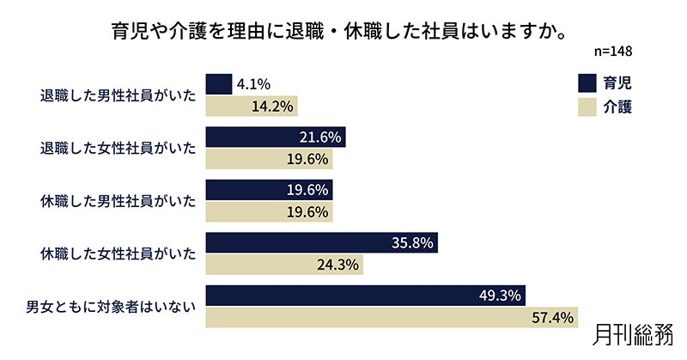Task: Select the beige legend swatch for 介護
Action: pos(587,107)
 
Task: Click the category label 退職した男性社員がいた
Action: pos(119,95)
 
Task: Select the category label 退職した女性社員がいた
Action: pos(119,149)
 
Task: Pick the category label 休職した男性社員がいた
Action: pos(119,202)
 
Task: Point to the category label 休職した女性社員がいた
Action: pos(119,254)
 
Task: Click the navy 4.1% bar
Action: pos(219,84)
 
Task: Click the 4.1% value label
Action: pos(253,84)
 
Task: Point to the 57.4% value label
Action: pos(552,318)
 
